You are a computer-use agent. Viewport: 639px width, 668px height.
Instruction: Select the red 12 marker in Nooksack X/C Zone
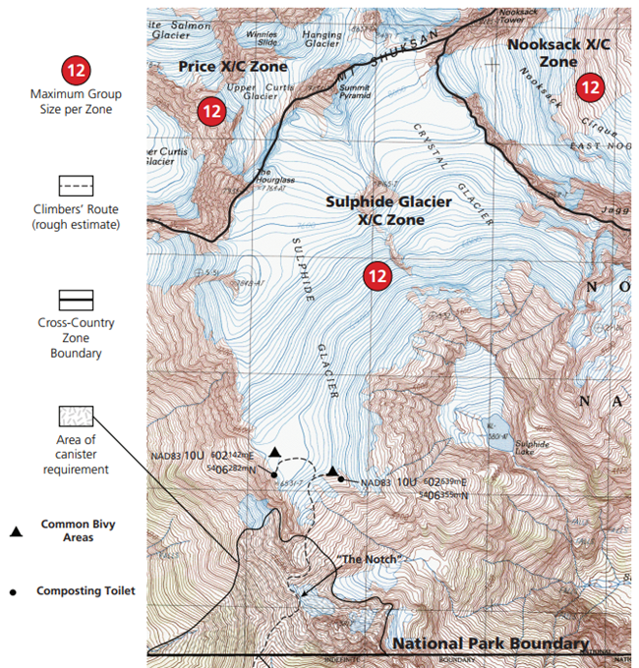click(590, 87)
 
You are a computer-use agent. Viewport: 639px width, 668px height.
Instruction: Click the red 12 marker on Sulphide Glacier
click(377, 276)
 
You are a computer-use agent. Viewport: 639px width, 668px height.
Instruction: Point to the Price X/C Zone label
click(233, 67)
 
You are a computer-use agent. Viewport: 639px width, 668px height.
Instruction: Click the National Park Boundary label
click(491, 643)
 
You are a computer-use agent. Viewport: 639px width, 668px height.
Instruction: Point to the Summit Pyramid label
click(354, 91)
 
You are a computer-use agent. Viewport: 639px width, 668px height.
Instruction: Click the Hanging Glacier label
click(322, 39)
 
